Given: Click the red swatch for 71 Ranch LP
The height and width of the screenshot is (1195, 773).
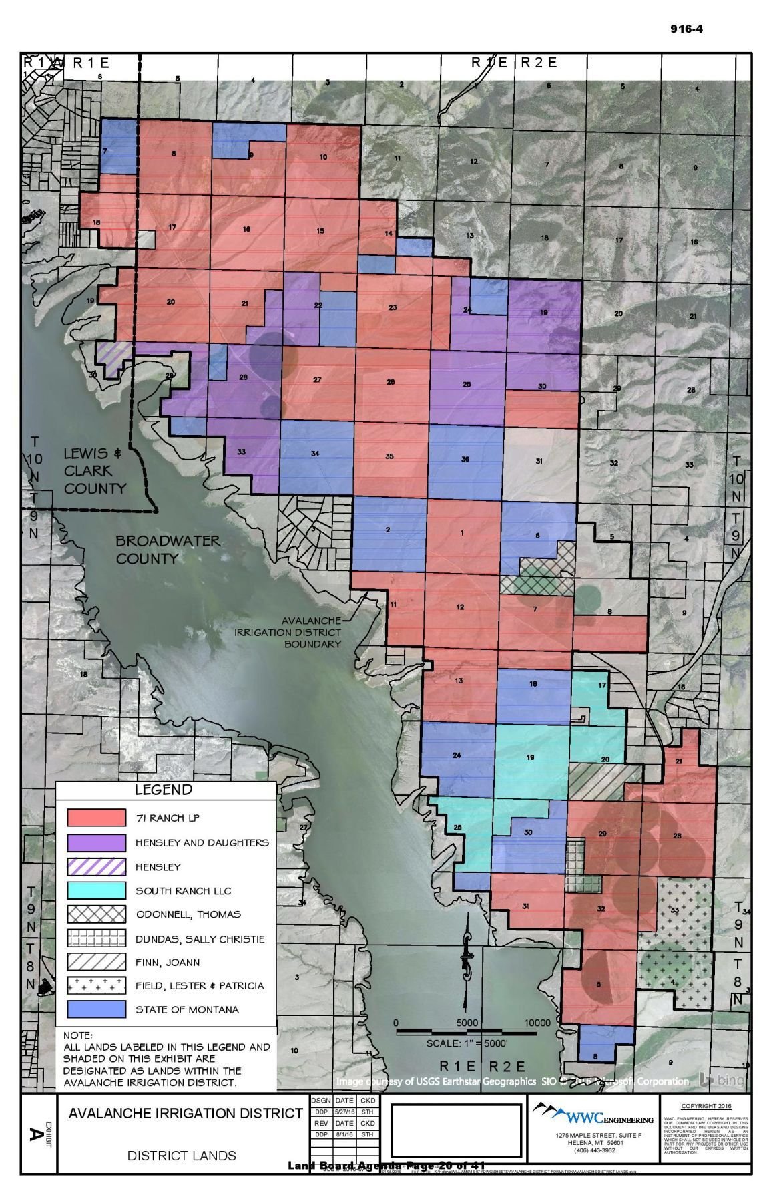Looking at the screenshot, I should [95, 818].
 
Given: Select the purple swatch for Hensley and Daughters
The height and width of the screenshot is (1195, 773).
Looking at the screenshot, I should [95, 842].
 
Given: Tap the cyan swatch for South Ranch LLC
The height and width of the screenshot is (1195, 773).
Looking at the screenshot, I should [95, 890].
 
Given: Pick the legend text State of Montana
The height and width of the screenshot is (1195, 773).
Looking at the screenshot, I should [187, 1009].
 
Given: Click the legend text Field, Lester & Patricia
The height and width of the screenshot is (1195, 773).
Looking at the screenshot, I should [200, 985].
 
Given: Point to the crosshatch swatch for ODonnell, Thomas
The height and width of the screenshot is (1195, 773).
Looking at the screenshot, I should [95, 914].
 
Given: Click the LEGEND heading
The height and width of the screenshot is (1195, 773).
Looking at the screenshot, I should [164, 790].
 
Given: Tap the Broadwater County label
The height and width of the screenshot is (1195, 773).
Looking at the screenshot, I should [167, 549].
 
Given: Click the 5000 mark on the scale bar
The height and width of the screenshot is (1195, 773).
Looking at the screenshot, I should [467, 1023].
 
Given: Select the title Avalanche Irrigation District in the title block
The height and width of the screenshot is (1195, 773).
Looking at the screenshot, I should [186, 1114].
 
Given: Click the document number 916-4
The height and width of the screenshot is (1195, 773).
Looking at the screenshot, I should [686, 29].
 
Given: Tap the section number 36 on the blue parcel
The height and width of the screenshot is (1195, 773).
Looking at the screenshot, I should [465, 459].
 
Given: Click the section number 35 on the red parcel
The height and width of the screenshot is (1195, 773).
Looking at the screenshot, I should [389, 456].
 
